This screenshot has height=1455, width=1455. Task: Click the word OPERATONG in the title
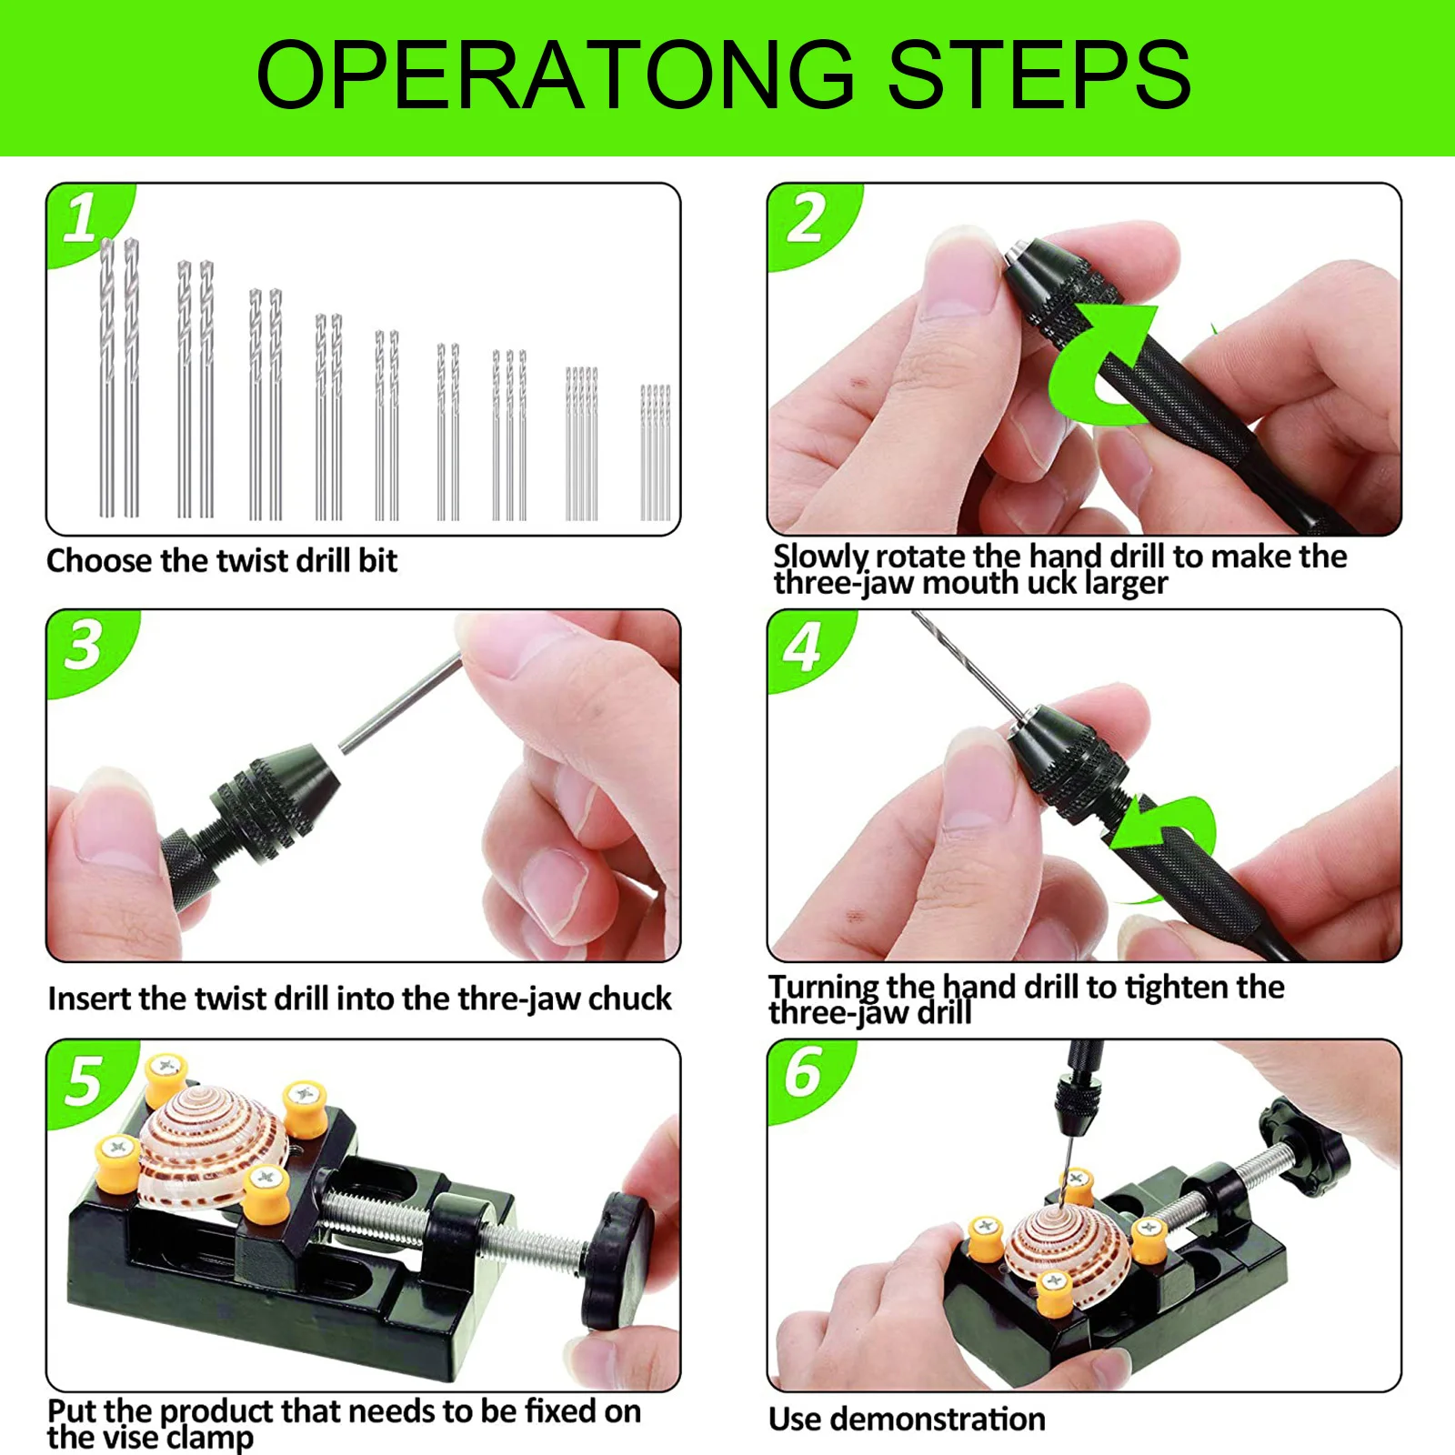pos(557,75)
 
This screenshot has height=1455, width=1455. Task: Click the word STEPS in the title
pos(1039,75)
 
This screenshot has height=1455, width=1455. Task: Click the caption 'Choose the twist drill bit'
pos(222,561)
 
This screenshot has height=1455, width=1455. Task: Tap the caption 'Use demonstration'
pos(907,1420)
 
